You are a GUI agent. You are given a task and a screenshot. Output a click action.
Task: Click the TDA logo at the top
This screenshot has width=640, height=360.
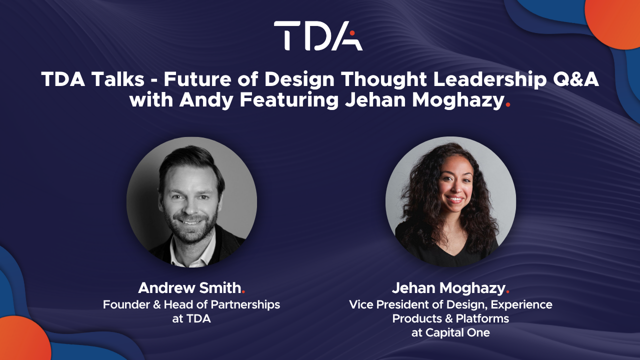click(318, 35)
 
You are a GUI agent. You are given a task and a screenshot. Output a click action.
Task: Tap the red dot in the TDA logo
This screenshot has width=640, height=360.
click(352, 33)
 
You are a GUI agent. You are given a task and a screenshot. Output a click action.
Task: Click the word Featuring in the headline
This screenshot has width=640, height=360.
click(289, 100)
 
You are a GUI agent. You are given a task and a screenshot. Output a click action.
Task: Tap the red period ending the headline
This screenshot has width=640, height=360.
click(507, 105)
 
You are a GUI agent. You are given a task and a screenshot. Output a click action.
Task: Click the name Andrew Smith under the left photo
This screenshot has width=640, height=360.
click(189, 287)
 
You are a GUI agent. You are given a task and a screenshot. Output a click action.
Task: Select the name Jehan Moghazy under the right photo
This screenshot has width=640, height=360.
click(448, 288)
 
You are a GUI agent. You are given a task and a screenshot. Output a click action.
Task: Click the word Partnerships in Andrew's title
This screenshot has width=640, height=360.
click(245, 304)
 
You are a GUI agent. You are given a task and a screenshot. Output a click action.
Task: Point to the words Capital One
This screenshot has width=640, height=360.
click(457, 332)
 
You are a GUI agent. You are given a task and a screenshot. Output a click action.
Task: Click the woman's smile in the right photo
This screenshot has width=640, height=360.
click(454, 199)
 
